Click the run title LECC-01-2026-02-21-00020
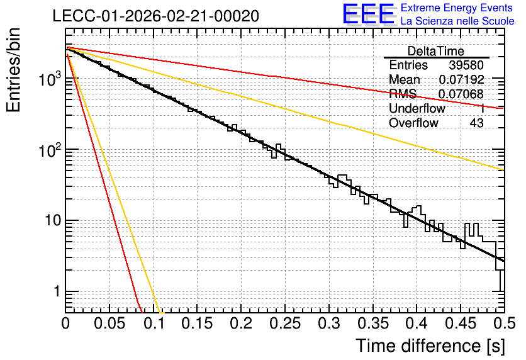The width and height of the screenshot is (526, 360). pyautogui.click(x=155, y=16)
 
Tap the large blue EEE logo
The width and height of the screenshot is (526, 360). pyautogui.click(x=368, y=14)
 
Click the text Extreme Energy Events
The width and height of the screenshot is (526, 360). pyautogui.click(x=456, y=8)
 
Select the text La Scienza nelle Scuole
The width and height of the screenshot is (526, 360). pyautogui.click(x=457, y=21)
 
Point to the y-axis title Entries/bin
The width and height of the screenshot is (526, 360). pyautogui.click(x=13, y=70)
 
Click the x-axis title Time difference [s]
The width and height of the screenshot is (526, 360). pyautogui.click(x=430, y=346)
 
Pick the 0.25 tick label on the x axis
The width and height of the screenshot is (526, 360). pyautogui.click(x=285, y=323)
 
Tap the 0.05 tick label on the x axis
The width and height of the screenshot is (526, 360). pyautogui.click(x=109, y=323)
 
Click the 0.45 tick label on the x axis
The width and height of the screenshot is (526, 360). pyautogui.click(x=461, y=323)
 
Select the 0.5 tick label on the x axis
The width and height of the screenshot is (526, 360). pyautogui.click(x=505, y=323)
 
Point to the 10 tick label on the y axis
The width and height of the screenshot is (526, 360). pyautogui.click(x=52, y=220)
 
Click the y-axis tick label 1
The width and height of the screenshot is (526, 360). pyautogui.click(x=57, y=291)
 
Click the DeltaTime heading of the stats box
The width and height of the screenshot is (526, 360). pyautogui.click(x=435, y=51)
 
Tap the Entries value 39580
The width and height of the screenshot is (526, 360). pyautogui.click(x=466, y=65)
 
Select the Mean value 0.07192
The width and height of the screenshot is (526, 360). pyautogui.click(x=461, y=79)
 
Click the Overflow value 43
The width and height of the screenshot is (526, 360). pyautogui.click(x=476, y=123)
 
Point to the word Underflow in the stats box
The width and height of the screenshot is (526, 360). pyautogui.click(x=417, y=108)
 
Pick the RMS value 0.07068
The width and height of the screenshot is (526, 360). pyautogui.click(x=461, y=94)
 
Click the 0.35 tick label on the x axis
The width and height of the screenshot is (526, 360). pyautogui.click(x=372, y=323)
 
